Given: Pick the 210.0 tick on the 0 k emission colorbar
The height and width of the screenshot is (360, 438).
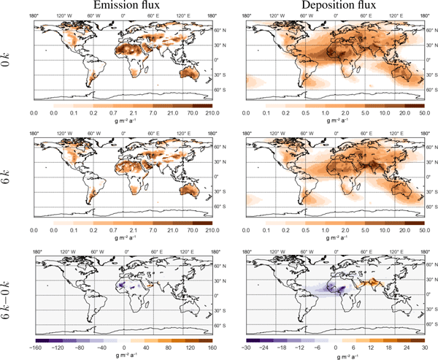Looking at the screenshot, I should pyautogui.click(x=212, y=114).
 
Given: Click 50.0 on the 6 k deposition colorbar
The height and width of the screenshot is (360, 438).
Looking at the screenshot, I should pyautogui.click(x=426, y=229).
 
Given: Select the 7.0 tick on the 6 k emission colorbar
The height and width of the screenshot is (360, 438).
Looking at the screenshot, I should pyautogui.click(x=150, y=229).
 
